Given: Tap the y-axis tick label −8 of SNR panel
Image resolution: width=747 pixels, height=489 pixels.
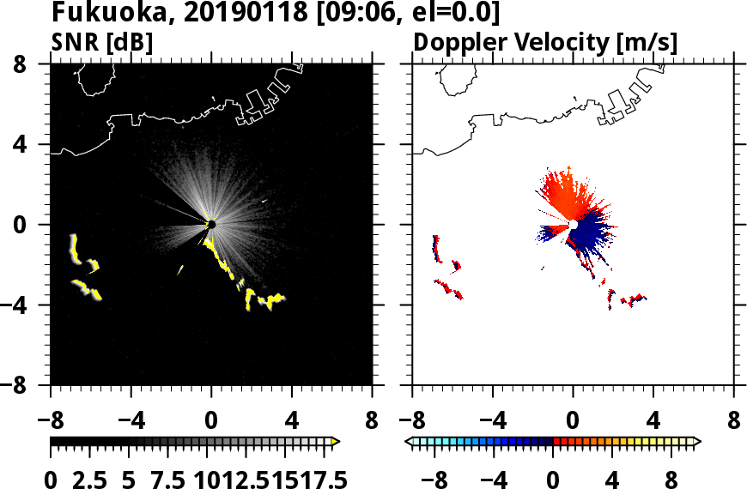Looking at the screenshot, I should click(x=26, y=386).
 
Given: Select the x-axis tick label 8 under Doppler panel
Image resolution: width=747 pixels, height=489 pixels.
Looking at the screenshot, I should click(x=734, y=422).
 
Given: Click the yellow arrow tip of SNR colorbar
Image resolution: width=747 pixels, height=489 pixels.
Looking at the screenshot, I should click(x=336, y=442).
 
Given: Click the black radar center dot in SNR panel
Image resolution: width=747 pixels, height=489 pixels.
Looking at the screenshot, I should click(x=211, y=224).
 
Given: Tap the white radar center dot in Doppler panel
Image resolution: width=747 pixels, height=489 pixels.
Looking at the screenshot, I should click(x=572, y=225).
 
